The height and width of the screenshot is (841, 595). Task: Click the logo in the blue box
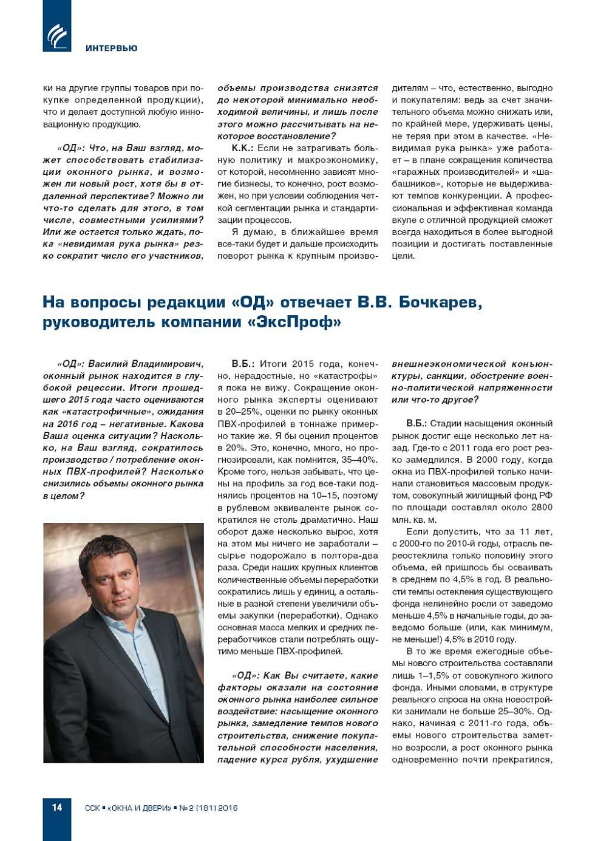pos(57,35)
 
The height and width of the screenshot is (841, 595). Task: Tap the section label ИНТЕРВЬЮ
pos(111,48)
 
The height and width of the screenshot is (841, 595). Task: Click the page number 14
pos(56,807)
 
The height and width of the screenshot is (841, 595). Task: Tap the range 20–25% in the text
pos(239,412)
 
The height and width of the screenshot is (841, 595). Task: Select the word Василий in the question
pos(108,364)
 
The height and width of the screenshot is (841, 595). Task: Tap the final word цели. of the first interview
pos(403,256)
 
